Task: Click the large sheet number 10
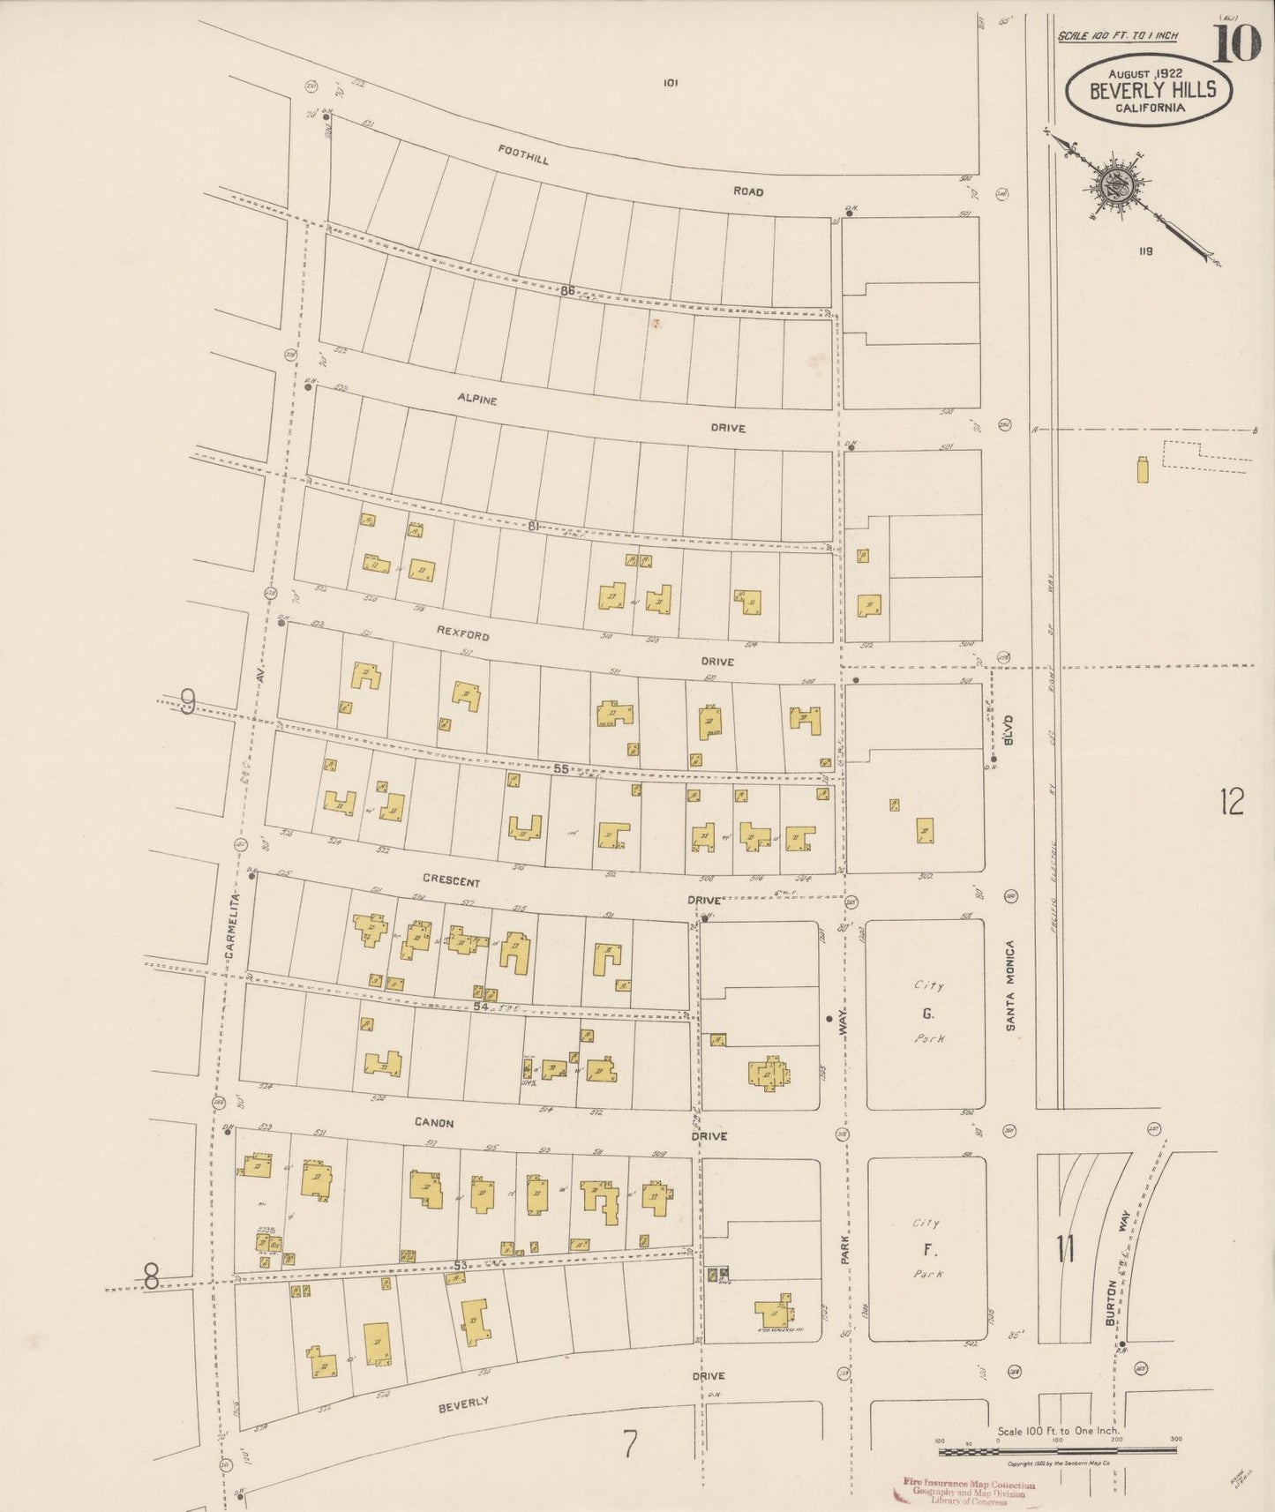[1236, 43]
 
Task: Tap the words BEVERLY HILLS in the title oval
[1152, 90]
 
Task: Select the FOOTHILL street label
[522, 156]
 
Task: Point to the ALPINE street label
[476, 399]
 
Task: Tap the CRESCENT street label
[451, 881]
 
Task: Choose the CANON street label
[433, 1123]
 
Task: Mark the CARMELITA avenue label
[231, 926]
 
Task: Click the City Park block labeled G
[927, 1014]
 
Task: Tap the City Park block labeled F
[927, 1249]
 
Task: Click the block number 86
[566, 290]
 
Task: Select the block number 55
[560, 768]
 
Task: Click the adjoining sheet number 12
[1232, 802]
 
